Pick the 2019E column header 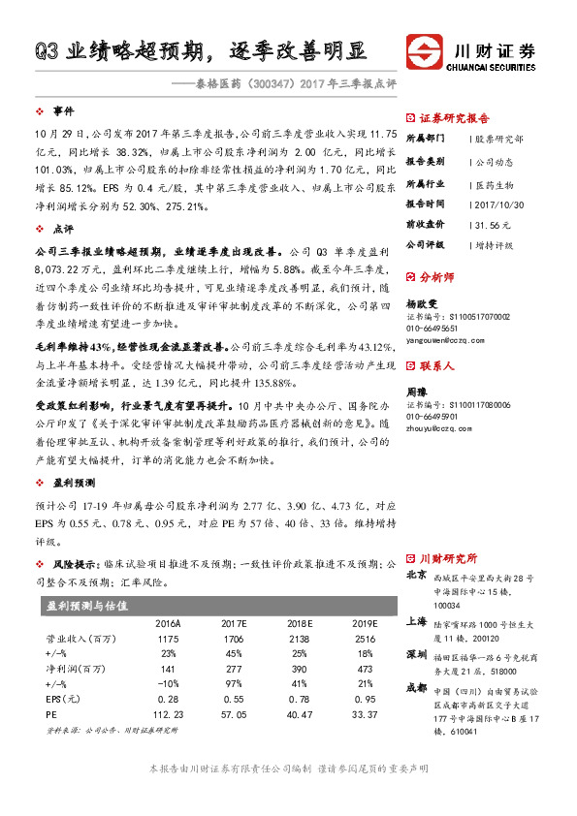[365, 623]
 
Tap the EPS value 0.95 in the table [365, 698]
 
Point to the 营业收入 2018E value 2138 [302, 641]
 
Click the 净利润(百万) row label [77, 670]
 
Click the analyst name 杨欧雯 [420, 302]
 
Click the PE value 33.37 [365, 715]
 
